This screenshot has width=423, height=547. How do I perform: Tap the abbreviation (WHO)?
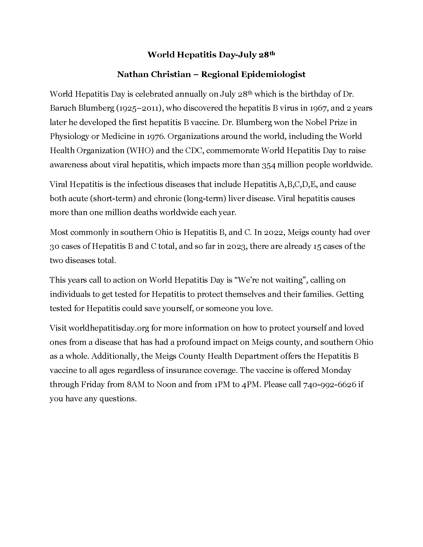pos(140,150)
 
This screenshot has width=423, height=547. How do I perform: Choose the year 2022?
pos(273,232)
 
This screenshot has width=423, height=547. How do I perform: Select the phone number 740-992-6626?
pos(329,384)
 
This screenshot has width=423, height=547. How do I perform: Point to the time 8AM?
pos(136,384)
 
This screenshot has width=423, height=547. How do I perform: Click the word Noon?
pos(166,384)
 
